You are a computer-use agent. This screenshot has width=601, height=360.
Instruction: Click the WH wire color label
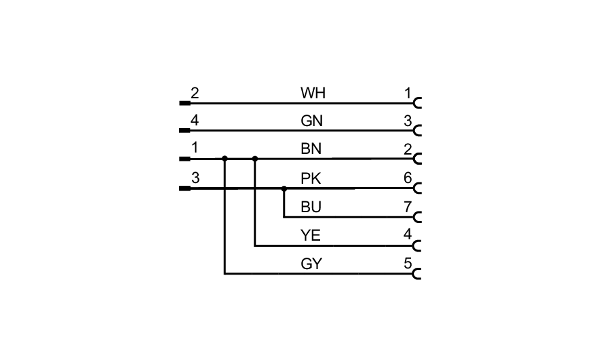point(313,93)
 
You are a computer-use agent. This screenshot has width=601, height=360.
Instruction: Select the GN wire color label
point(313,121)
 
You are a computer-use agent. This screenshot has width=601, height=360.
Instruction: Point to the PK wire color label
point(312,178)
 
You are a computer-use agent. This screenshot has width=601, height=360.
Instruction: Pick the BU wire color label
point(312,207)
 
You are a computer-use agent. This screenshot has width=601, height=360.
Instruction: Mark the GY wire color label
point(312,264)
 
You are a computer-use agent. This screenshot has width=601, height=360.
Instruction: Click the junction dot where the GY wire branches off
point(225,159)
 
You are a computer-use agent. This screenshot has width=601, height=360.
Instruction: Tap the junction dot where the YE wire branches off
point(255,159)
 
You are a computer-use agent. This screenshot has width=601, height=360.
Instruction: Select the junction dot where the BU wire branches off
point(284,188)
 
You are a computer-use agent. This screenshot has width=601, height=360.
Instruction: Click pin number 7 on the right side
point(408,207)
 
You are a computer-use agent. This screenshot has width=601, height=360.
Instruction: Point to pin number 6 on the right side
point(408,178)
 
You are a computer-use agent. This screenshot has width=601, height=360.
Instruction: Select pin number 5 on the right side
point(408,264)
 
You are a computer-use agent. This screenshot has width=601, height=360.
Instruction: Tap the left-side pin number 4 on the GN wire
point(195,121)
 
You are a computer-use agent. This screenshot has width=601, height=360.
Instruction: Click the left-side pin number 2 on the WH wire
point(195,93)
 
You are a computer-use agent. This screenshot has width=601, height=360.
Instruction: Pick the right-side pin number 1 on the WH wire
point(408,93)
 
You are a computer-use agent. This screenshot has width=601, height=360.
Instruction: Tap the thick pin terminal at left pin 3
point(185,188)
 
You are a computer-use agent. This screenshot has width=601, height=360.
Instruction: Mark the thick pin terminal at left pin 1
point(185,159)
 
